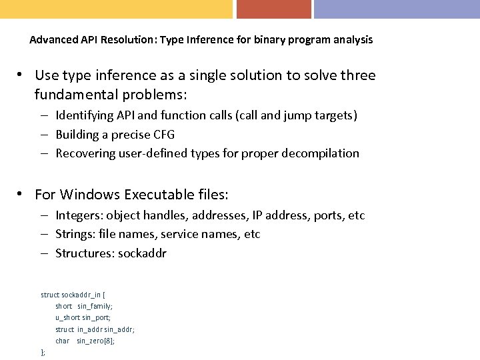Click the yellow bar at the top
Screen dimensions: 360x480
pos(116,9)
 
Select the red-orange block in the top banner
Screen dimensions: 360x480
pos(273,9)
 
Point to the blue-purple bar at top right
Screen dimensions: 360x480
pos(397,9)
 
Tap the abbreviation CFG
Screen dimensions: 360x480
pos(164,135)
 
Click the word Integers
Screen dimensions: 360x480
pos(79,216)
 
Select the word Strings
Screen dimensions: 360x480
pos(75,235)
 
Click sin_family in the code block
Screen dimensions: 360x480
pos(95,306)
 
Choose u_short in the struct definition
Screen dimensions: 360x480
pos(67,317)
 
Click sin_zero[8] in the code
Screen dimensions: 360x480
pos(95,341)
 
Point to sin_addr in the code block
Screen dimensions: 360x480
pos(119,329)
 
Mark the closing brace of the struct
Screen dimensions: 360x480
pos(43,352)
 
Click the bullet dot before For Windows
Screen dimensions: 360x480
pos(21,194)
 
